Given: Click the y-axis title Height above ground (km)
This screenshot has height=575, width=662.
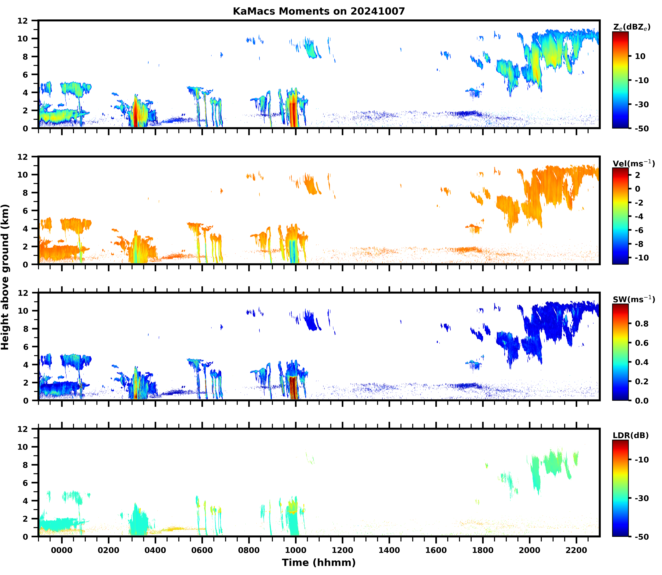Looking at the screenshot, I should coord(5,277).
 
